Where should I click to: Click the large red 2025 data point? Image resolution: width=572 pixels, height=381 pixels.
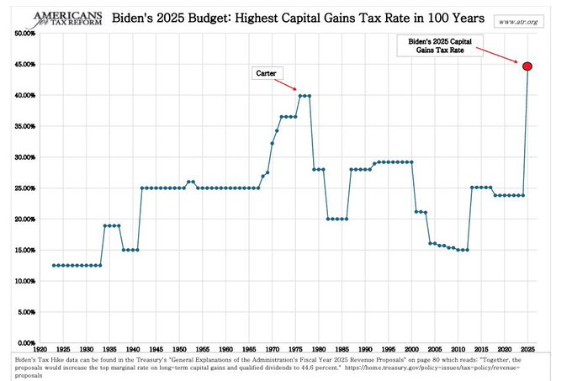click(527, 66)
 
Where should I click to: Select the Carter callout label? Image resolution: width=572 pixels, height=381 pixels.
click(267, 73)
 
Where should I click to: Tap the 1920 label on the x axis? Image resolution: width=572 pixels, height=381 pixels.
click(40, 348)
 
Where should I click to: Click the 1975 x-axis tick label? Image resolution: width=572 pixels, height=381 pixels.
click(295, 348)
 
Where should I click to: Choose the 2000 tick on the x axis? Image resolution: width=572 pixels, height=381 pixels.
click(411, 348)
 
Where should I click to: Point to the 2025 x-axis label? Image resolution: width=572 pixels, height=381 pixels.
click(527, 348)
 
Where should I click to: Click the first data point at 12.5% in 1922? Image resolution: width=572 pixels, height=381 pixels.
click(54, 265)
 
